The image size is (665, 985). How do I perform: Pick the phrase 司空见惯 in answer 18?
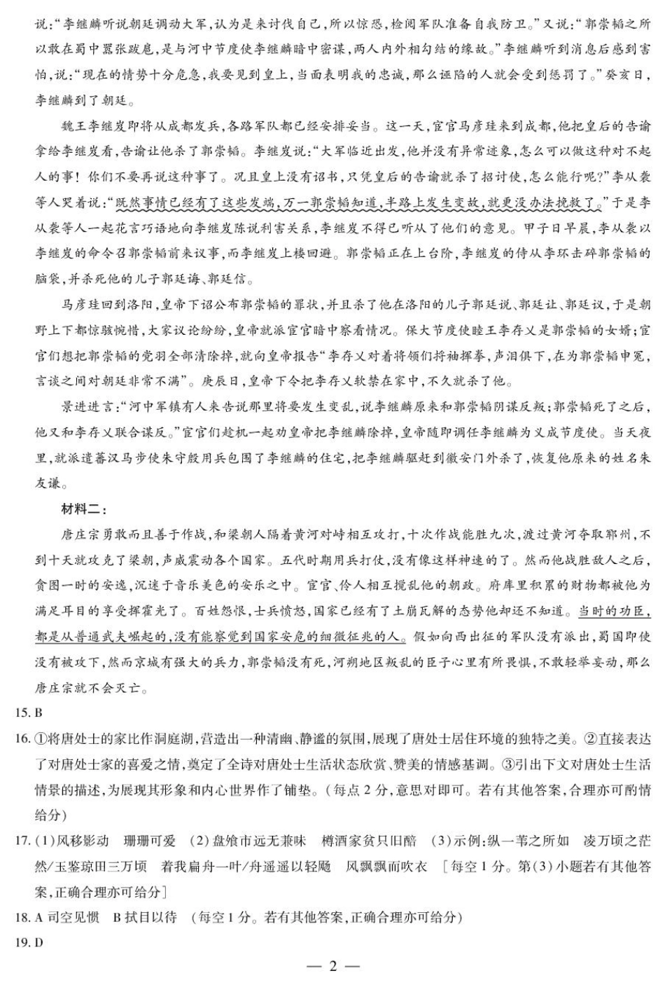73,917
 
